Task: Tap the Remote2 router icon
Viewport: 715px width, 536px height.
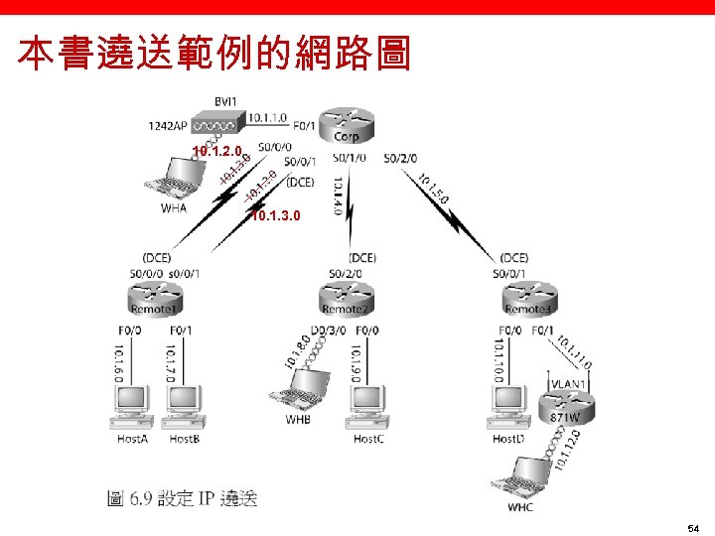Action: click(x=346, y=294)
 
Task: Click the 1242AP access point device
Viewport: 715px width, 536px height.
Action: click(x=215, y=126)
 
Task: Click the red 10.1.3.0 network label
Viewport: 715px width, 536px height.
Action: click(x=274, y=215)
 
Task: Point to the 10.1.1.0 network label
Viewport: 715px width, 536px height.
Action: click(x=268, y=117)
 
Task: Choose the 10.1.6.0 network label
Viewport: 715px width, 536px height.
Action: click(x=118, y=364)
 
